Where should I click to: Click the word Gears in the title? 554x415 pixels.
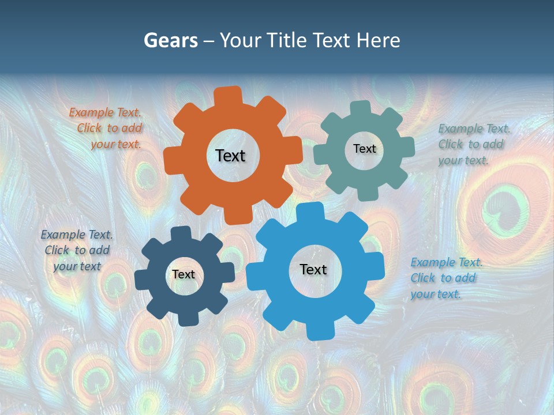tap(170, 40)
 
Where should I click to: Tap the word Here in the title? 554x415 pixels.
tap(378, 40)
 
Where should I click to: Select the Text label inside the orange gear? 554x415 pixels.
tap(230, 156)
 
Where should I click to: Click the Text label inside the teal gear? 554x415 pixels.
tap(364, 149)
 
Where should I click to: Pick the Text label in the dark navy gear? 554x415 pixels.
tap(184, 274)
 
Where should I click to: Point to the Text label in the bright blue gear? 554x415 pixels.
tap(313, 269)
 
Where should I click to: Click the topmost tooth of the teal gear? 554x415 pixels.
tap(361, 107)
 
